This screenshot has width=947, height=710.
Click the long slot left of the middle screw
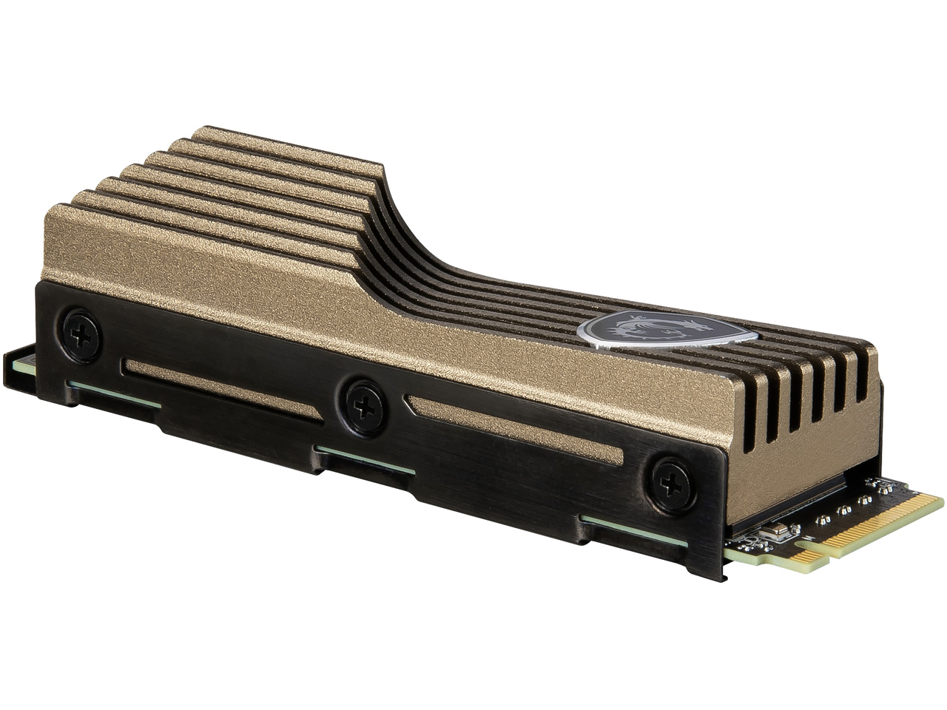222,388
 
